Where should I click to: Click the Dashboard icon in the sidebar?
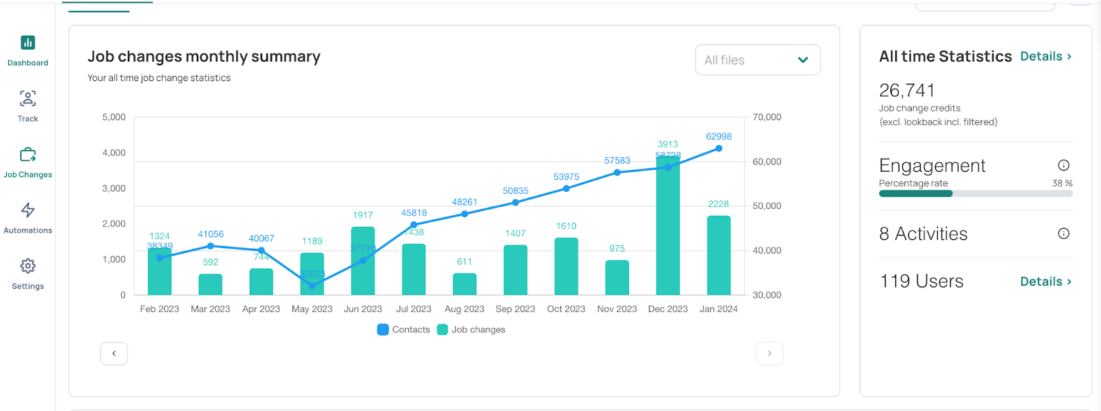pos(28,43)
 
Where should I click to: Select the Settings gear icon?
pos(28,266)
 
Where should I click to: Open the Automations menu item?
pos(28,217)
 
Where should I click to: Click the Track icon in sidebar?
pos(28,99)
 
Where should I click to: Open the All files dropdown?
pos(758,60)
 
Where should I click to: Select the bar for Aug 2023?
pos(464,285)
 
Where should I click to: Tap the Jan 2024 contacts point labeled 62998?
pos(718,148)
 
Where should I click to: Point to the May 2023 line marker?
pos(312,285)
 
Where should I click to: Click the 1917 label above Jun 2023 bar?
pos(363,215)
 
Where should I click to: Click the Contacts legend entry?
pos(404,330)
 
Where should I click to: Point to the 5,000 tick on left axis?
pos(114,118)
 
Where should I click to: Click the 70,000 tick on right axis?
pos(767,118)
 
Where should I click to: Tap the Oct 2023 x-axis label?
pos(566,309)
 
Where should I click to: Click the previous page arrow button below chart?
pos(114,353)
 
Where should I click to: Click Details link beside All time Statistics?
pos(1045,56)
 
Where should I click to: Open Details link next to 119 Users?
pos(1045,282)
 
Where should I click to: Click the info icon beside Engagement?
pos(1063,165)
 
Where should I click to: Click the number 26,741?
pos(907,91)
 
